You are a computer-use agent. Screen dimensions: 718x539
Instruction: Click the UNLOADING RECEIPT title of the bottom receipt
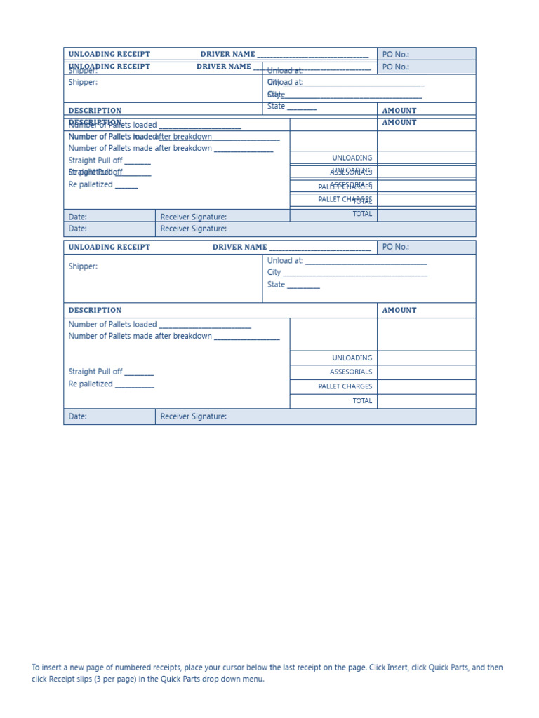point(109,248)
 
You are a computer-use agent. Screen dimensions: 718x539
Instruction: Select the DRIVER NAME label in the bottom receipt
point(239,248)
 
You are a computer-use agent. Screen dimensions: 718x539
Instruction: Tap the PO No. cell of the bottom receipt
point(395,248)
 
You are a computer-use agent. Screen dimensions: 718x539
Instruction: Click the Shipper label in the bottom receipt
point(83,267)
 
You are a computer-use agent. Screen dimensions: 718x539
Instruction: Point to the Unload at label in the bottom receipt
point(285,261)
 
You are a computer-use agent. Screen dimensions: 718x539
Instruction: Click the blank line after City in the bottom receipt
point(354,273)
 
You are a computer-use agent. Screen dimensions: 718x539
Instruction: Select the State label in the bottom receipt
point(276,285)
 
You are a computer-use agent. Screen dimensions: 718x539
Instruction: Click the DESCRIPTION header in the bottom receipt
point(95,311)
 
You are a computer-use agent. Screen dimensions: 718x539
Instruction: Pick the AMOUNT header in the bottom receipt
point(399,311)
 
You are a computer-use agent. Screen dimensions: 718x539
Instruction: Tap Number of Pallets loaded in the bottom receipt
point(112,325)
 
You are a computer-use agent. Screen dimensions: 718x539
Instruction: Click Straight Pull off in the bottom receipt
point(95,372)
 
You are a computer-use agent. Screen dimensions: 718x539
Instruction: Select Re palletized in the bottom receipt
point(91,384)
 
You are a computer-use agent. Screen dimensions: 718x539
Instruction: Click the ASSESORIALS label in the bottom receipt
point(351,372)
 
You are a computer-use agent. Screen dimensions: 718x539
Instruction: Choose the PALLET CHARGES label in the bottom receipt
point(345,387)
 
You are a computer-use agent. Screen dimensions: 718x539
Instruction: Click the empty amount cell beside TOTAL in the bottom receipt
point(426,402)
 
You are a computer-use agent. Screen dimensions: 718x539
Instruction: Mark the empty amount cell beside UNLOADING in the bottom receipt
point(426,358)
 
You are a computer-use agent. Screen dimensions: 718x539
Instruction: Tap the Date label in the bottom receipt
point(78,417)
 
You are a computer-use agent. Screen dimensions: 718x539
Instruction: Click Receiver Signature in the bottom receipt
point(194,417)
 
